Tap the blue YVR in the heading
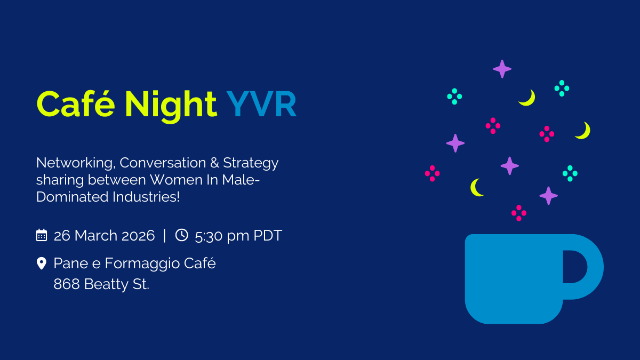(x=261, y=104)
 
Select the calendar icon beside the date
(x=42, y=235)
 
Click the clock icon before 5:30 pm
(x=182, y=235)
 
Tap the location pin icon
(x=42, y=263)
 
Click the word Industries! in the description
(x=146, y=197)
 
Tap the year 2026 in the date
(x=138, y=235)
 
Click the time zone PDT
(x=268, y=235)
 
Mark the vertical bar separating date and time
(x=165, y=235)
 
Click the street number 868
(x=67, y=284)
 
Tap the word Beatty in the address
(x=106, y=285)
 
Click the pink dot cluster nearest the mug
(x=519, y=213)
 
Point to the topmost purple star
(x=502, y=69)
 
